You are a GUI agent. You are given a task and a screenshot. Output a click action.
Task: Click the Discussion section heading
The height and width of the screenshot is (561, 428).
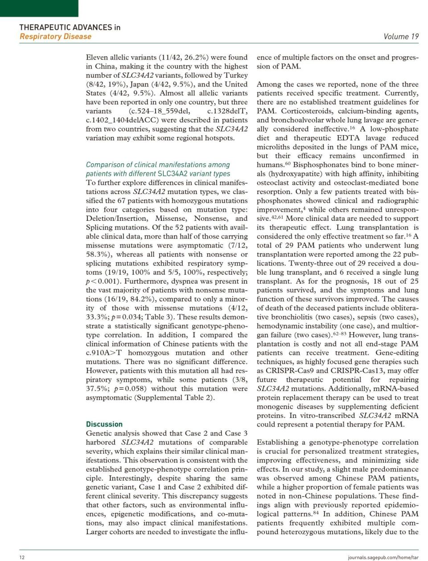coord(104,424)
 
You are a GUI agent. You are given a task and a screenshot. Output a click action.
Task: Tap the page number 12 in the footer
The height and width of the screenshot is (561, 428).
coord(22,557)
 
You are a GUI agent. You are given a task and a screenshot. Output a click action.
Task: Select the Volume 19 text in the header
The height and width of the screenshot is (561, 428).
coord(401,37)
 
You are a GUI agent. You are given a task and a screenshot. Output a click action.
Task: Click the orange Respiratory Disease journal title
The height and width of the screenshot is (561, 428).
coord(55,37)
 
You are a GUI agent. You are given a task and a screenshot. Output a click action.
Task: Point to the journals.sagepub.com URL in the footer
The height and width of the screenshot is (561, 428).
coord(383,557)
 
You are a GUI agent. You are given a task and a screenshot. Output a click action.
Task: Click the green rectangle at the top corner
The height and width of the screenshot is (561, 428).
coord(39,8)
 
